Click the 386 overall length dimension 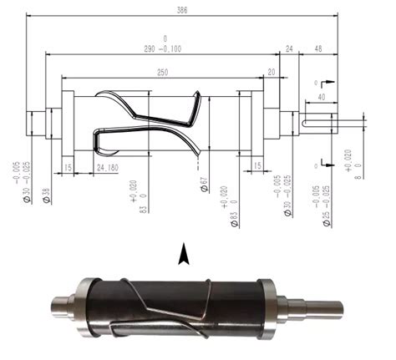182,9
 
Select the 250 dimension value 161,73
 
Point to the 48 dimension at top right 318,49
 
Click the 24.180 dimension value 107,167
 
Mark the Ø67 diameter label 204,184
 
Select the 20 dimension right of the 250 272,73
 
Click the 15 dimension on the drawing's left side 66,167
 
